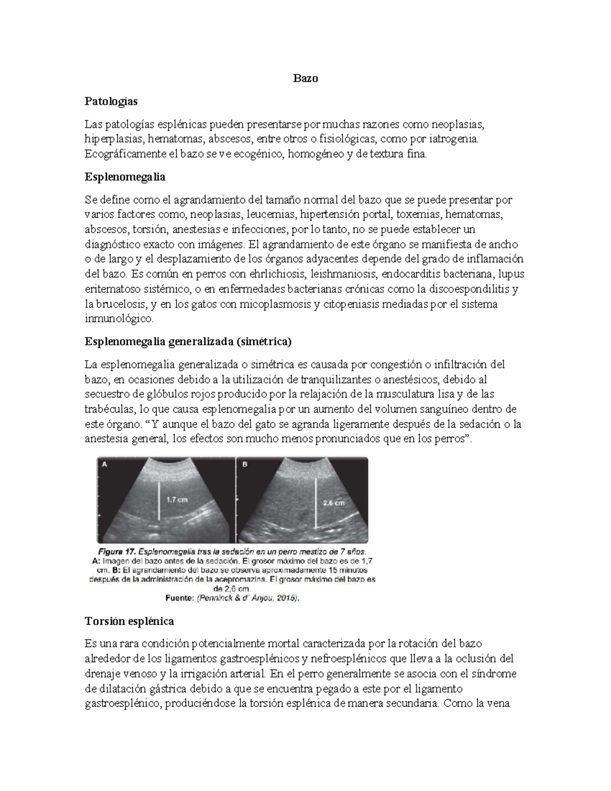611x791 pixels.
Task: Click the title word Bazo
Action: tap(305, 78)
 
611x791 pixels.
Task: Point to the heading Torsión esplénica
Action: tap(129, 621)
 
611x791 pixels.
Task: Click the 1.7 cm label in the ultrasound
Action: tap(177, 500)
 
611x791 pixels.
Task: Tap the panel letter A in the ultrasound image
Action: tap(105, 464)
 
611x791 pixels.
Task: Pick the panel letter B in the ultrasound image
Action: tap(245, 464)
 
